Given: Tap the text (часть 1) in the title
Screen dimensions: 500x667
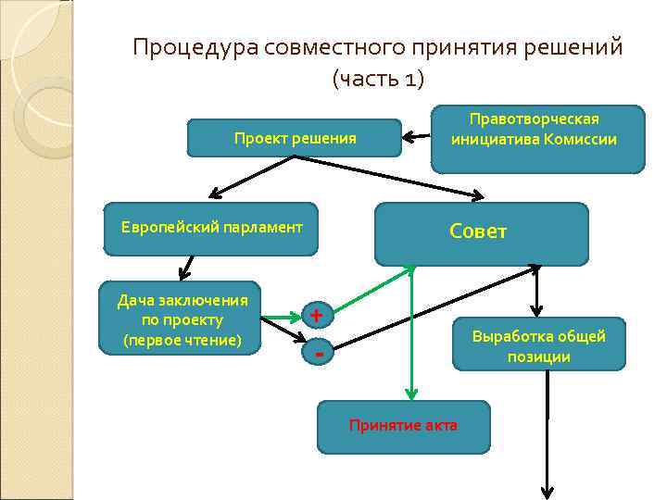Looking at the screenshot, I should click(377, 80).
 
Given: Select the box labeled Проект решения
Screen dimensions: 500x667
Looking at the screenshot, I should click(295, 138).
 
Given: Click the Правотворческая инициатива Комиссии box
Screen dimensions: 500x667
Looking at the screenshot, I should click(537, 139).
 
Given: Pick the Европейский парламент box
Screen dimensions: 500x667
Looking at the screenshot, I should click(211, 228).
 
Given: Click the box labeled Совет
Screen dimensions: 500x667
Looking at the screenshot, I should click(481, 233).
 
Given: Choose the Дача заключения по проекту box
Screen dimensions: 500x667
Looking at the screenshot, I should click(182, 317).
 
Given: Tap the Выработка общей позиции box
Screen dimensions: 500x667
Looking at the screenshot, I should click(538, 344).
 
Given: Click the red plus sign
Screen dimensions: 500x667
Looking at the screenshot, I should click(317, 316).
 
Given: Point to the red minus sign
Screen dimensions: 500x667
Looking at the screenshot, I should click(319, 353).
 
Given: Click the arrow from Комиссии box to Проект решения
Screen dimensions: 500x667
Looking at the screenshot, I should click(418, 139).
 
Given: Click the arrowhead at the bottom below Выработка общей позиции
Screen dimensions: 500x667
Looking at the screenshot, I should click(547, 492).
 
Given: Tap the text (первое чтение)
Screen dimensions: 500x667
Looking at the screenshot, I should click(182, 341).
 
